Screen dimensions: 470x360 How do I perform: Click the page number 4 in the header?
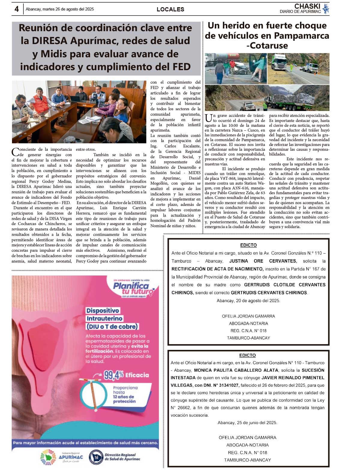16,9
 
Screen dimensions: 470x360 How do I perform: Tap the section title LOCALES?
170,9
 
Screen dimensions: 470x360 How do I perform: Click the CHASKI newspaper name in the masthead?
307,6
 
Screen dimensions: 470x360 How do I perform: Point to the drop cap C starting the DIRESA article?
15,152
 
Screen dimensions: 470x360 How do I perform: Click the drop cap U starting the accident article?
208,118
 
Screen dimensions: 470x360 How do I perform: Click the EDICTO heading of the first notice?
248,245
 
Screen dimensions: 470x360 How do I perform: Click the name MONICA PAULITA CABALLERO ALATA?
236,370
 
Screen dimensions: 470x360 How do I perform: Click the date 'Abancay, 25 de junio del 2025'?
247,423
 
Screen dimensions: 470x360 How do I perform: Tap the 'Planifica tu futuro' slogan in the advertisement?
133,288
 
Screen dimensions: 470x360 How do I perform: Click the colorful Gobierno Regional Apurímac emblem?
48,457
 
